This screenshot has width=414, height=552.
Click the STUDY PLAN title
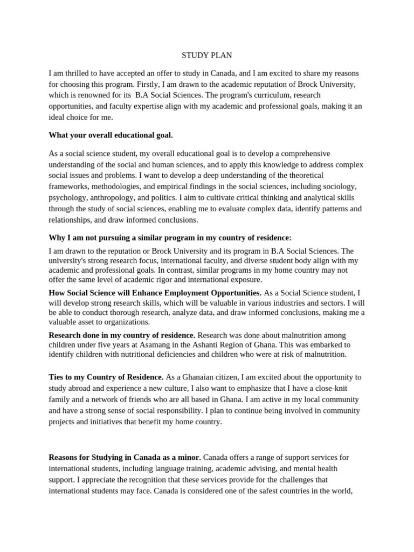click(x=206, y=55)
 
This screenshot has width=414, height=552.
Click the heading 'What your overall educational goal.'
click(x=111, y=135)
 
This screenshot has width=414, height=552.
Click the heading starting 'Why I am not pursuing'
click(x=170, y=238)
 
